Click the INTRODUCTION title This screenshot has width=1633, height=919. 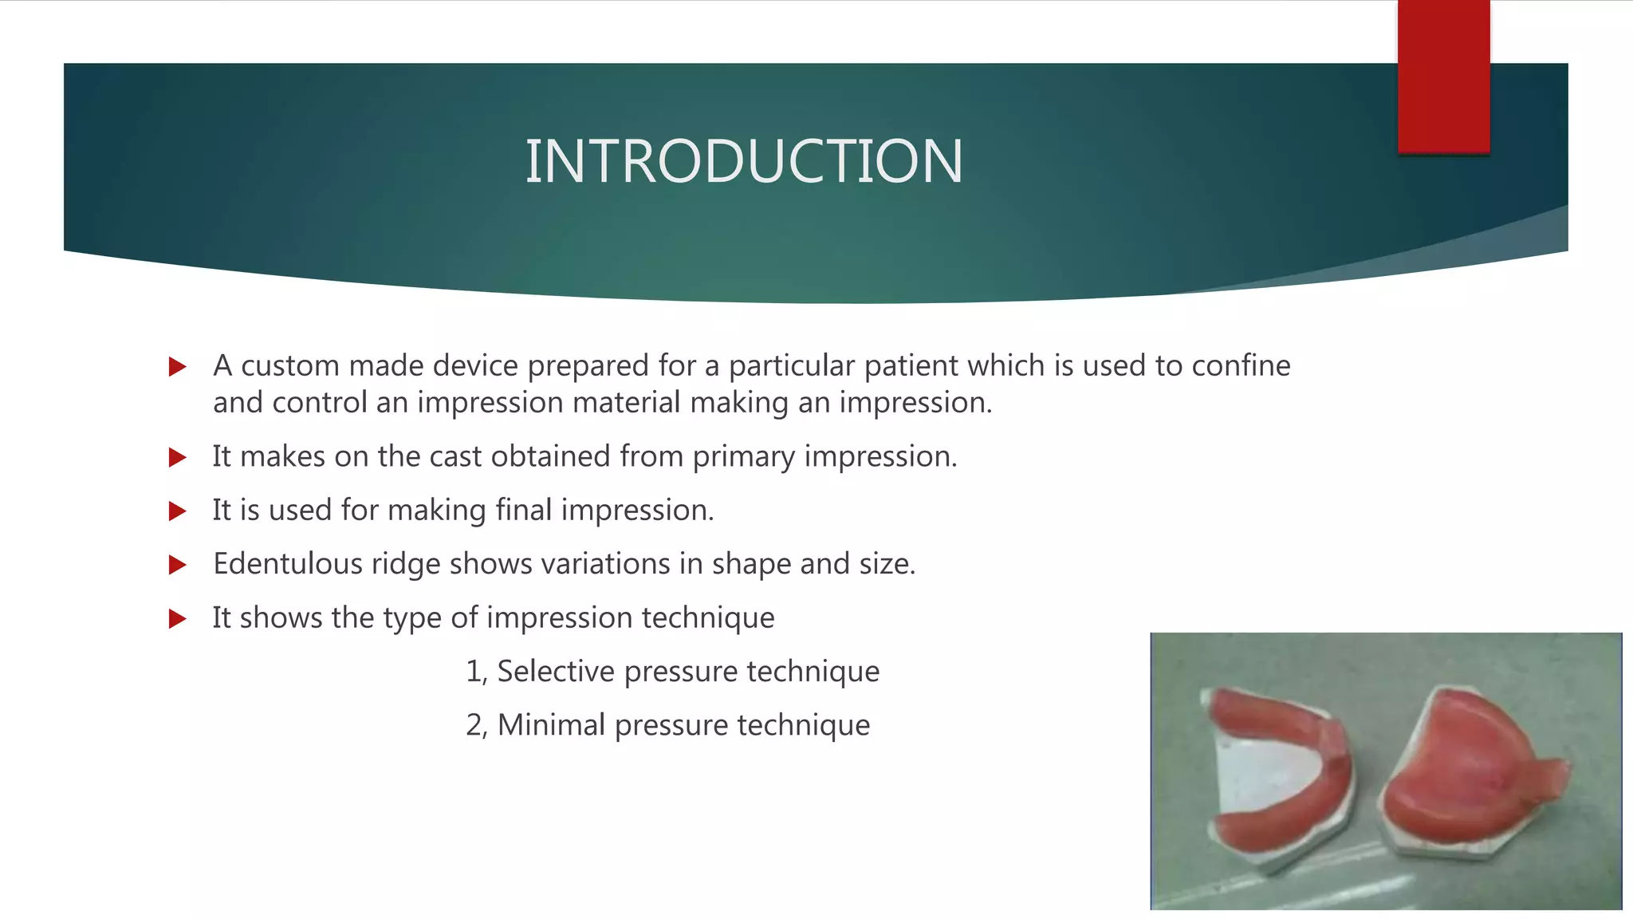pyautogui.click(x=744, y=162)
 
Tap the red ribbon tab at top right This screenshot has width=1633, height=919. pyautogui.click(x=1443, y=76)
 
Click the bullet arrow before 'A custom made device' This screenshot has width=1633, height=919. pyautogui.click(x=178, y=367)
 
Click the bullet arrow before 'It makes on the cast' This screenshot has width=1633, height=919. pyautogui.click(x=178, y=457)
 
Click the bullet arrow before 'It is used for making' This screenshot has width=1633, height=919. pyautogui.click(x=178, y=511)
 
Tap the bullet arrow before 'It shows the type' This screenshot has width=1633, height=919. pyautogui.click(x=178, y=618)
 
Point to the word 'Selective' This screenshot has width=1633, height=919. pyautogui.click(x=556, y=671)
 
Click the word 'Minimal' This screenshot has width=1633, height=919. pyautogui.click(x=551, y=725)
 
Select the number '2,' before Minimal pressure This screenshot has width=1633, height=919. pyautogui.click(x=476, y=725)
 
